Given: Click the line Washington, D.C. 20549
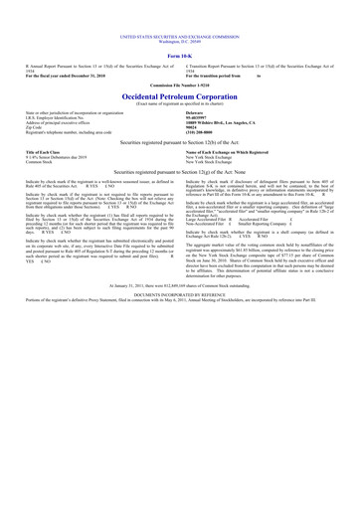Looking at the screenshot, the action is (180, 17).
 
